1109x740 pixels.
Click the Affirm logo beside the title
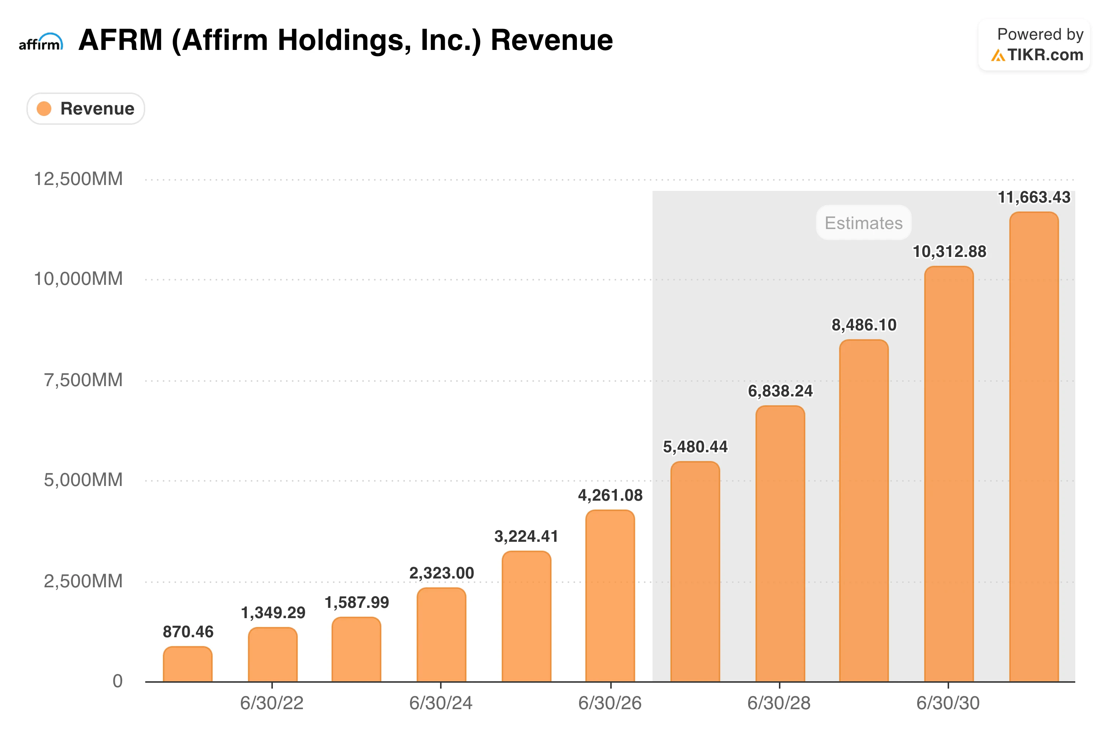pyautogui.click(x=41, y=41)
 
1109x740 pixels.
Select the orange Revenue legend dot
pyautogui.click(x=44, y=109)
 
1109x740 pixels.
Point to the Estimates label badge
pyautogui.click(x=863, y=223)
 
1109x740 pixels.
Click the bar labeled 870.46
pyautogui.click(x=188, y=664)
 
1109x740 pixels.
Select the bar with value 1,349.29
pyautogui.click(x=272, y=654)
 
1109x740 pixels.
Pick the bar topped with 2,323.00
pyautogui.click(x=441, y=635)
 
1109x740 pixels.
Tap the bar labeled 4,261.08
pyautogui.click(x=610, y=596)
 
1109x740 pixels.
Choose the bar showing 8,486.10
pyautogui.click(x=864, y=511)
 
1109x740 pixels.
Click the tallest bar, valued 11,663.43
pyautogui.click(x=1034, y=447)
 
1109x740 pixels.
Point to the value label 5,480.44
pyautogui.click(x=695, y=446)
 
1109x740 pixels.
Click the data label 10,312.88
pyautogui.click(x=949, y=251)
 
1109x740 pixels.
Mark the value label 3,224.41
pyautogui.click(x=526, y=536)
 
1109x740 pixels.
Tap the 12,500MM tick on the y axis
pyautogui.click(x=78, y=179)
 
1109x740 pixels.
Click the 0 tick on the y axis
pyautogui.click(x=117, y=681)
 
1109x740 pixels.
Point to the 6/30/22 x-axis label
pyautogui.click(x=272, y=703)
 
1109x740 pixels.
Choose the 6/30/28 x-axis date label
pyautogui.click(x=779, y=703)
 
